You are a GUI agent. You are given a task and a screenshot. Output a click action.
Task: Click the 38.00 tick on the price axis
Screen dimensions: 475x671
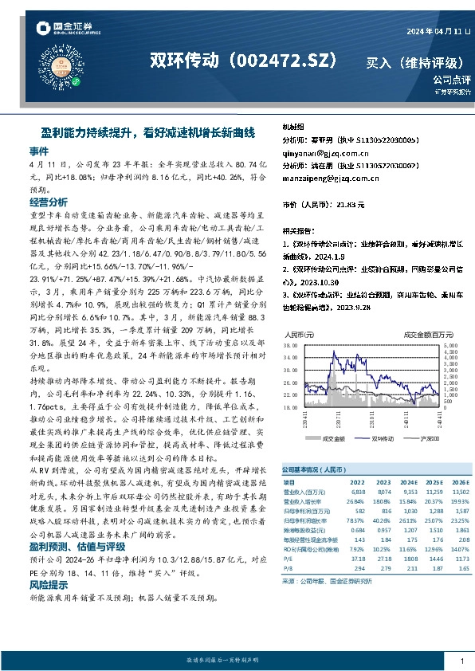tap(290, 346)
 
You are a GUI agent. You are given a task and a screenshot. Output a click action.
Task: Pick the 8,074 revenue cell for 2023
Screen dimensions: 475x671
tap(361, 492)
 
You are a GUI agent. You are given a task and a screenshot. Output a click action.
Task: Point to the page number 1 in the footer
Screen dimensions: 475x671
tap(462, 661)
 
